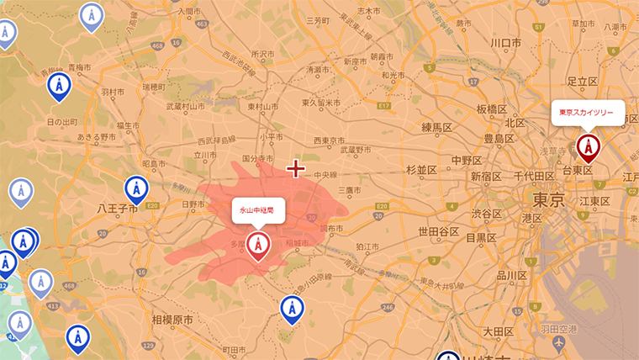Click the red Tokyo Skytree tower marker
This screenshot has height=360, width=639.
[x=589, y=148]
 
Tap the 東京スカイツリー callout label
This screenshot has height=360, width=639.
[x=588, y=112]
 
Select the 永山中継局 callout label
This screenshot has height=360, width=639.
[x=257, y=209]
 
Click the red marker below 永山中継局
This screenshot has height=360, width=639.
[x=258, y=246]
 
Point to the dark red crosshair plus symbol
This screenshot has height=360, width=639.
[x=295, y=169]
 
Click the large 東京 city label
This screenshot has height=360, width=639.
[x=547, y=199]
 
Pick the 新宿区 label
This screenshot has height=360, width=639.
[x=487, y=177]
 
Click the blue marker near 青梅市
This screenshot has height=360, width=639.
[x=58, y=85]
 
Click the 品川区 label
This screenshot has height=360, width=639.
[x=511, y=274]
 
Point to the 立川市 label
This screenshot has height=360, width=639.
[x=205, y=155]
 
